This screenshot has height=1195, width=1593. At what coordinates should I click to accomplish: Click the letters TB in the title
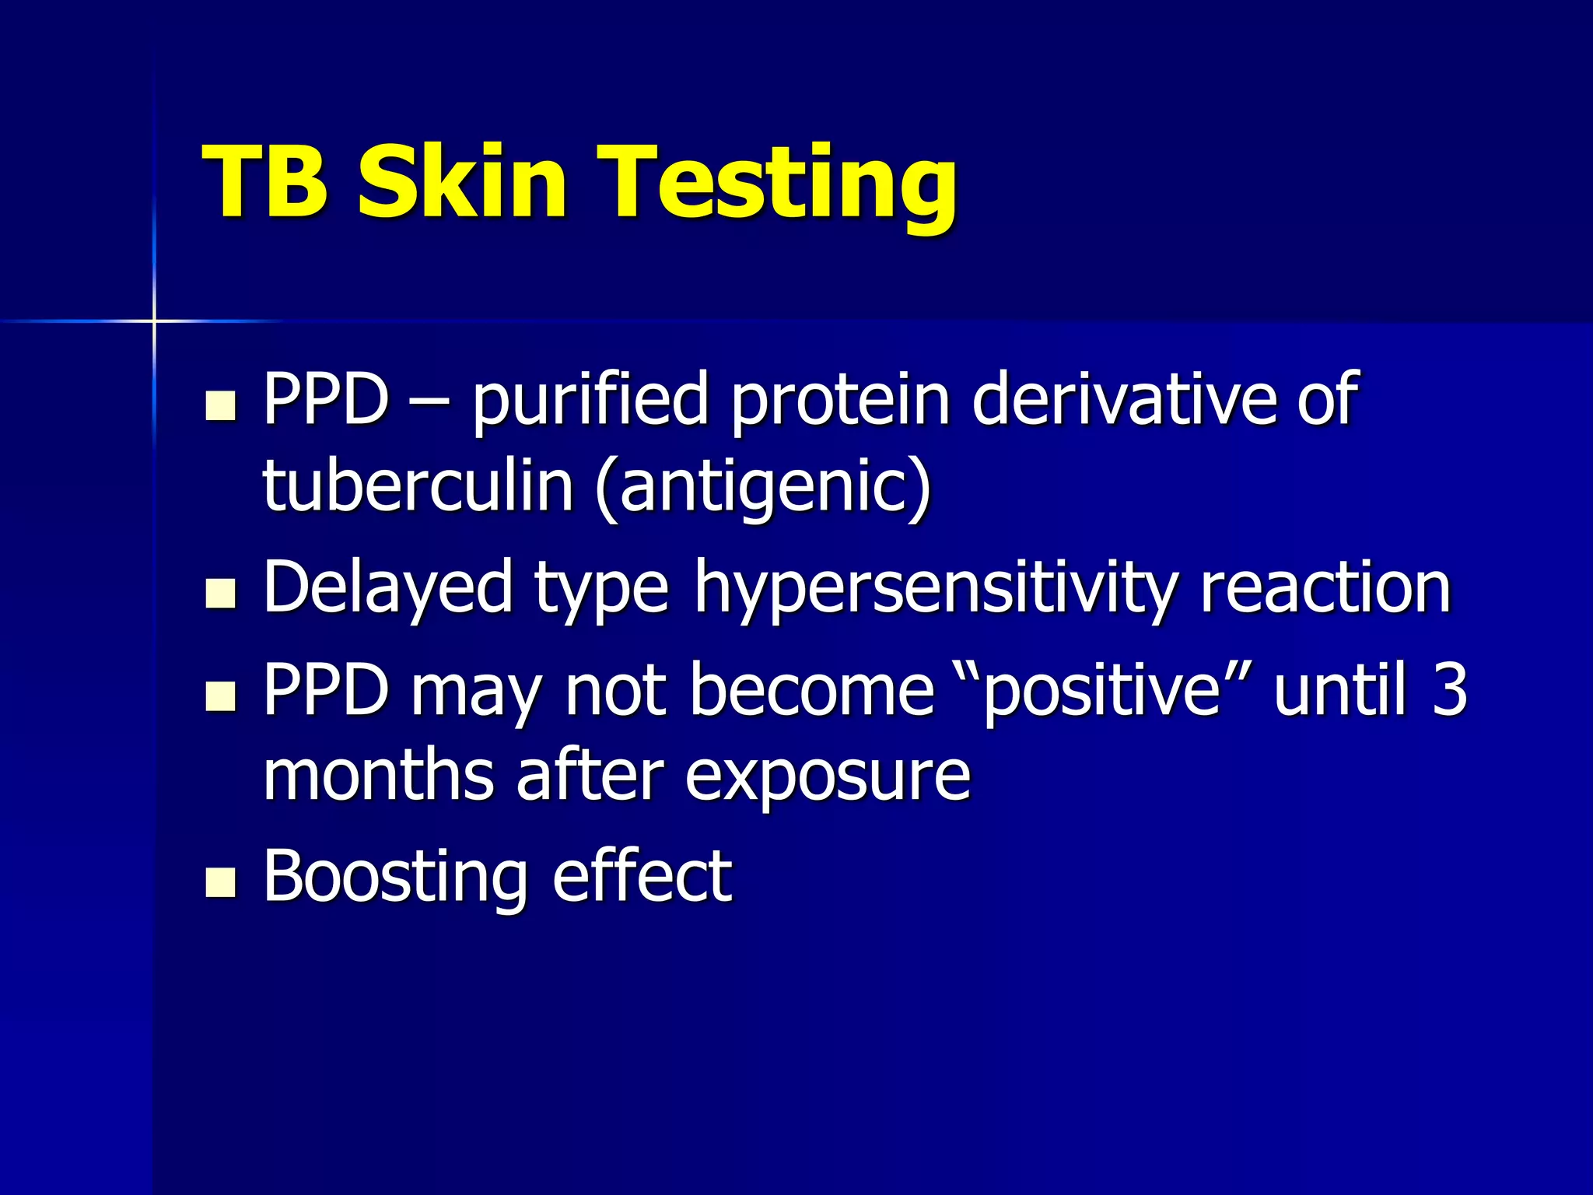coord(264,183)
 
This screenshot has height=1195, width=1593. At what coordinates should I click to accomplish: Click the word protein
coord(841,401)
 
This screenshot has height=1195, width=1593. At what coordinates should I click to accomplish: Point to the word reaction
coord(1325,588)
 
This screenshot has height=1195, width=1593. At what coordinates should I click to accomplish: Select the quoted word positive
coord(1101,691)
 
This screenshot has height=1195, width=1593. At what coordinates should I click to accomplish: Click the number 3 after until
coord(1449,689)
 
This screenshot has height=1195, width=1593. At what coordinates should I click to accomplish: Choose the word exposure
coord(828,778)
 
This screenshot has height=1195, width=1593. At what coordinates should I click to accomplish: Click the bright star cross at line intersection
coord(154,320)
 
